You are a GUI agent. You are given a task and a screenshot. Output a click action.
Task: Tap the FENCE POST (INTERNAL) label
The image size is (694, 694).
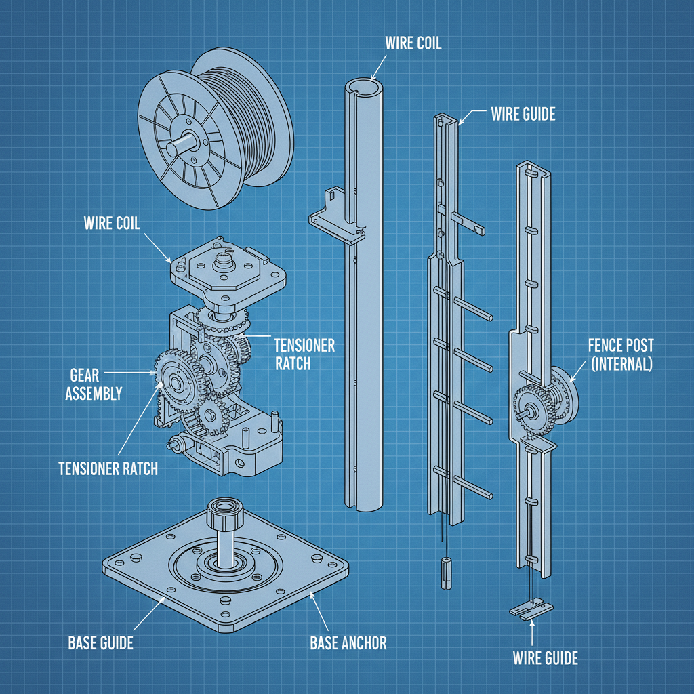[x=619, y=354]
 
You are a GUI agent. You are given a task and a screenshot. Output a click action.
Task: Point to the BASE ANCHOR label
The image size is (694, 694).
[x=348, y=642]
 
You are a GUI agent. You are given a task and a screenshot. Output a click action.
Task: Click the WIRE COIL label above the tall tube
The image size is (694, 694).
[x=413, y=43]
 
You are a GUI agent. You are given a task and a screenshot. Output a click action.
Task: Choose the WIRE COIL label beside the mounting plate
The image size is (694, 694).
[x=112, y=223]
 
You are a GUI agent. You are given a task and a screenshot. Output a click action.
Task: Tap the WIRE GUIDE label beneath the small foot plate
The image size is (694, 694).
[x=545, y=657]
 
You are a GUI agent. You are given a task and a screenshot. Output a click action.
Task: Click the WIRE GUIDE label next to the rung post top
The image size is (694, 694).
[x=523, y=114]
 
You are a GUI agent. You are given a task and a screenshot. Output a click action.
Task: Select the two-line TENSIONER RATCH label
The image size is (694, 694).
[x=304, y=354]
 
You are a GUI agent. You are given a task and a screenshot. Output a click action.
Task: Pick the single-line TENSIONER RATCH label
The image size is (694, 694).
[x=108, y=468]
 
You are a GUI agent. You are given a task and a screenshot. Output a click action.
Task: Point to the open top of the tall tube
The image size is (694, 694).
[x=364, y=87]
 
